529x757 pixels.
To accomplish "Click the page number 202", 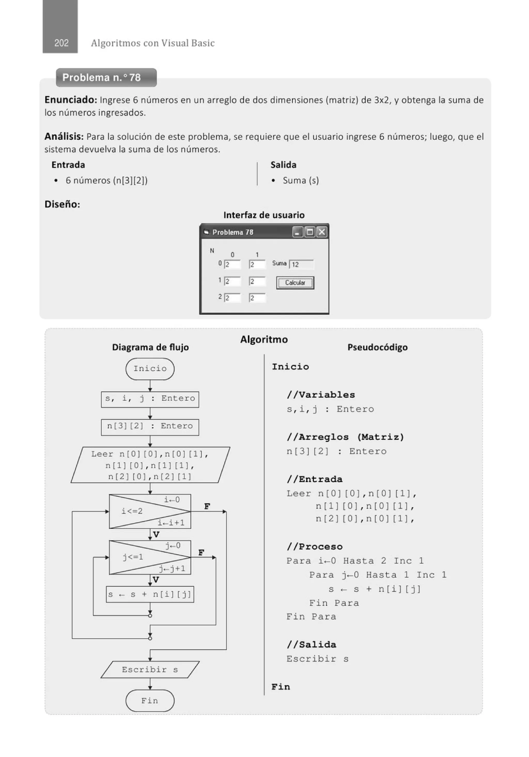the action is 61,43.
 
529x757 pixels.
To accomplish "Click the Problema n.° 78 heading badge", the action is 106,77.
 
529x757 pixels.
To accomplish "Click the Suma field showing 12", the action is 301,264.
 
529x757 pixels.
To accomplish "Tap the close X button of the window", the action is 322,232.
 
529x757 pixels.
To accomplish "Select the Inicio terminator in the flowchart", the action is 150,369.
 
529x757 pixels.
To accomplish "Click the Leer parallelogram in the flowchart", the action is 150,465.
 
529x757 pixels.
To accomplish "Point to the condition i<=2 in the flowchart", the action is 132,511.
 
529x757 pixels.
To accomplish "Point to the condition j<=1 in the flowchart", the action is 133,557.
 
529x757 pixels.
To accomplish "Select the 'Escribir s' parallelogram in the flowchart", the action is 150,670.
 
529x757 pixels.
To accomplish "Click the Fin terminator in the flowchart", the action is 150,701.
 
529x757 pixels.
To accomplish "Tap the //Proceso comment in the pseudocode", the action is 314,547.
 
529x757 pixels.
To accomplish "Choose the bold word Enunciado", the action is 71,100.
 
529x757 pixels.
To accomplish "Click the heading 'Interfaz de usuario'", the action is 264,215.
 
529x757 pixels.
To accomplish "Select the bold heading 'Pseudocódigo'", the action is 377,347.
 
